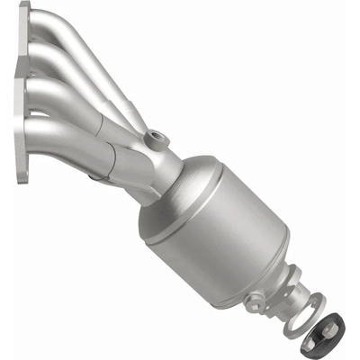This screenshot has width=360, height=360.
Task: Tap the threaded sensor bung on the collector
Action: (159, 139)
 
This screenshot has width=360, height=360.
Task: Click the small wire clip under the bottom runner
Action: (94, 178)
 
